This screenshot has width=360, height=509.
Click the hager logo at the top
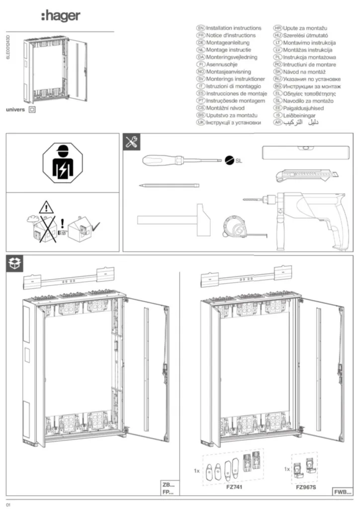[x=60, y=16]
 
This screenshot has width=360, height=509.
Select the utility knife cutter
[x=305, y=175]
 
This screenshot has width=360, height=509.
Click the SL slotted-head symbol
[x=230, y=161]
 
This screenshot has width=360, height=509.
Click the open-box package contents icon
[x=14, y=264]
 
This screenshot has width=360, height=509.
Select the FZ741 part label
[x=233, y=488]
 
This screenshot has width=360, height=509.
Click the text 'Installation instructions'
[x=233, y=28]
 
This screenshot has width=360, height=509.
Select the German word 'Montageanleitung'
[x=229, y=43]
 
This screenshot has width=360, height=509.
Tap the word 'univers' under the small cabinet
[x=15, y=109]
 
